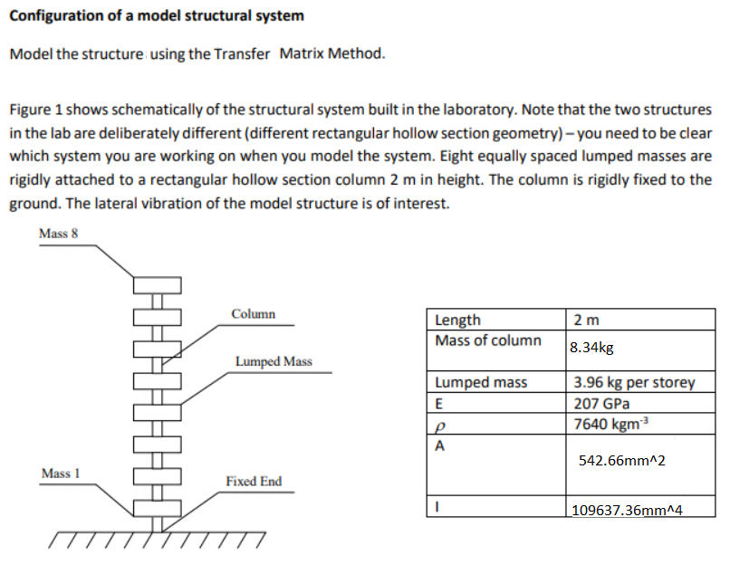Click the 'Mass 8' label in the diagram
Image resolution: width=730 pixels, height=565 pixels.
coord(59,233)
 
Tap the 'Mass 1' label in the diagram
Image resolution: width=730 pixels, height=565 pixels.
coord(61,474)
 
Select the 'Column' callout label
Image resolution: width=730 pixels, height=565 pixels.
coord(253,314)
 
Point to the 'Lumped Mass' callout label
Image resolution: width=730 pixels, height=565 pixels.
coord(274,361)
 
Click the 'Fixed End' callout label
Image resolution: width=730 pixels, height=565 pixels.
coord(254,481)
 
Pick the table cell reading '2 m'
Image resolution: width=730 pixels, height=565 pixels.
coord(586,320)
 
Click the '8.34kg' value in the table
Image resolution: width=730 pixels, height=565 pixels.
coord(592,347)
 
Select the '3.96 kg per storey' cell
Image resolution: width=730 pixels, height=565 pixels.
coord(634,382)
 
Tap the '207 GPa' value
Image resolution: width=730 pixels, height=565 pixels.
coord(601,404)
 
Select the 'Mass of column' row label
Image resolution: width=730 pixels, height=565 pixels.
coord(487,340)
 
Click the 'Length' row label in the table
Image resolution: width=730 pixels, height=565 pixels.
coord(458,320)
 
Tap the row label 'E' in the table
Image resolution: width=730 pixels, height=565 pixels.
coord(440,404)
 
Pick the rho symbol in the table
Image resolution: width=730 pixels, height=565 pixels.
coord(440,426)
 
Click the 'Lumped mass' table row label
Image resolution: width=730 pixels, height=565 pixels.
coord(481,382)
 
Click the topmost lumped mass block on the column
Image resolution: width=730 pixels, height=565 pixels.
coord(159,286)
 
